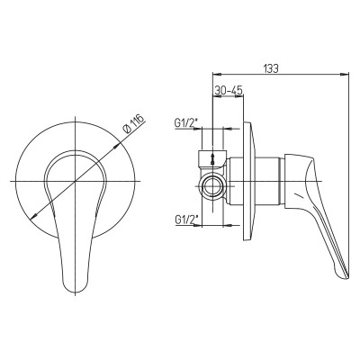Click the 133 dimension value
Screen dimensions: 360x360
(x=271, y=68)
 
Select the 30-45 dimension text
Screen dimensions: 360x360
(x=229, y=90)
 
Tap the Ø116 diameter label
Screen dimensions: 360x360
(x=134, y=124)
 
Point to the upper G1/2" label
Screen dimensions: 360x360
(x=184, y=123)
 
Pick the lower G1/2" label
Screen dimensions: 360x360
(x=184, y=220)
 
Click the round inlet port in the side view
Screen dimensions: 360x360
(x=213, y=186)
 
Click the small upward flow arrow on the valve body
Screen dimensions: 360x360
(x=212, y=158)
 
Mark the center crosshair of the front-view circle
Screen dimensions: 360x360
(x=76, y=181)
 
